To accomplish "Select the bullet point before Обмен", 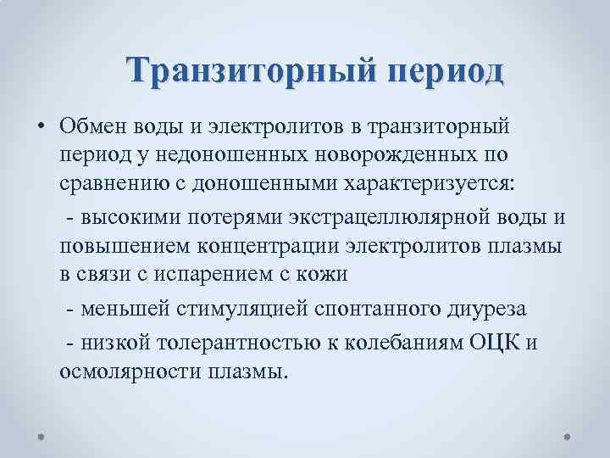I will (41, 126).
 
